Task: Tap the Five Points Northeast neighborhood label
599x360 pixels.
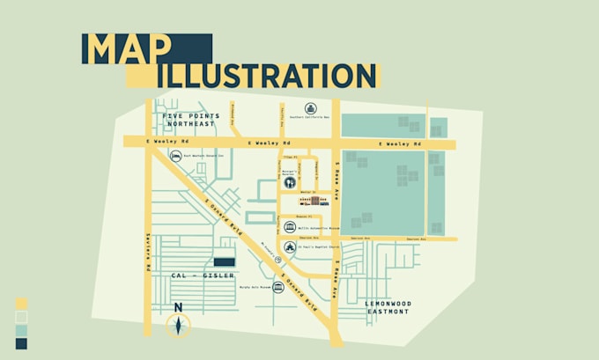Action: [x=189, y=120]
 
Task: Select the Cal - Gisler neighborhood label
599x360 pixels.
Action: [x=203, y=276]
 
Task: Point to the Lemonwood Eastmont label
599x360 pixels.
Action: [x=388, y=307]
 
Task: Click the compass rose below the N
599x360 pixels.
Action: [x=178, y=326]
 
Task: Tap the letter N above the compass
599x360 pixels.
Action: [x=178, y=307]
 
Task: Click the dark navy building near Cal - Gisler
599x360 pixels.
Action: [x=226, y=262]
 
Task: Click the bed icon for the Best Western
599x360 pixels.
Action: [x=175, y=156]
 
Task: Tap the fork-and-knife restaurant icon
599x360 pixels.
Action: [x=290, y=182]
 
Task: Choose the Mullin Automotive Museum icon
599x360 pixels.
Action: [x=290, y=229]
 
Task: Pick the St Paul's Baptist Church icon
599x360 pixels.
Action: [x=290, y=247]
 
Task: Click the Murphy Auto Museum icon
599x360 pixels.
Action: [x=277, y=287]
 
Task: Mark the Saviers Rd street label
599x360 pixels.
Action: [x=150, y=252]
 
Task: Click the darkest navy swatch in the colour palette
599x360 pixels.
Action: [x=21, y=343]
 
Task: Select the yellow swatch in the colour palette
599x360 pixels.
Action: [x=21, y=302]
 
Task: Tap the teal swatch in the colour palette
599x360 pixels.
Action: [x=21, y=330]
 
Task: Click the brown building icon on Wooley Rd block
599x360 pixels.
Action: [x=315, y=201]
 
